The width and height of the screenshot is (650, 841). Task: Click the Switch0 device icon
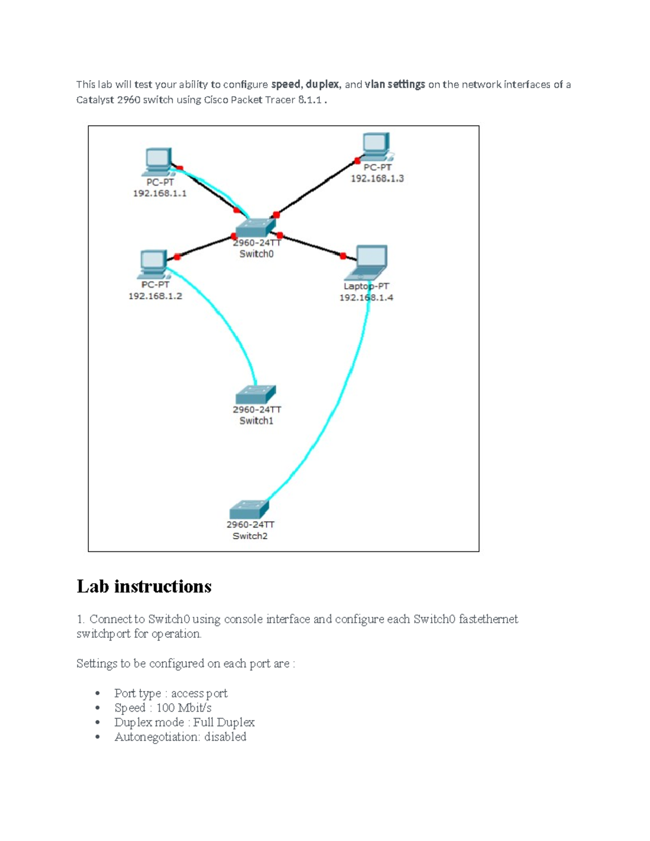pos(256,228)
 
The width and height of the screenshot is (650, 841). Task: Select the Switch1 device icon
pos(256,395)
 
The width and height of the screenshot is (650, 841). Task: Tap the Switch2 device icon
pos(249,510)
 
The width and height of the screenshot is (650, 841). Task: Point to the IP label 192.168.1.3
pos(377,179)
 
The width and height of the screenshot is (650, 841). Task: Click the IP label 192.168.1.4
pos(366,297)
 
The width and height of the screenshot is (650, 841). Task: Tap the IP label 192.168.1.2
pos(155,296)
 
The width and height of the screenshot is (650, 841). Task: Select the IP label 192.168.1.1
pos(160,193)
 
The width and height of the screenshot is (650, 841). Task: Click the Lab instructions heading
pos(144,586)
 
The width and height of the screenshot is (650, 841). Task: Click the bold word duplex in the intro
pos(322,84)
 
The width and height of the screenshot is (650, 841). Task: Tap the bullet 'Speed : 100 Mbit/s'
pos(162,708)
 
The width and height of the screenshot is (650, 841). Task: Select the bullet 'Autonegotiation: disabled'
pos(180,737)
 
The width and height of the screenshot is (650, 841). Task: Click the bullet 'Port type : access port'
pos(171,693)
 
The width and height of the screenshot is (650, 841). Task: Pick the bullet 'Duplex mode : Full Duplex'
pos(184,722)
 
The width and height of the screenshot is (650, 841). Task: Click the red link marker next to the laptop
pos(343,256)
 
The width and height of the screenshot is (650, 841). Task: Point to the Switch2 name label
pos(250,536)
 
